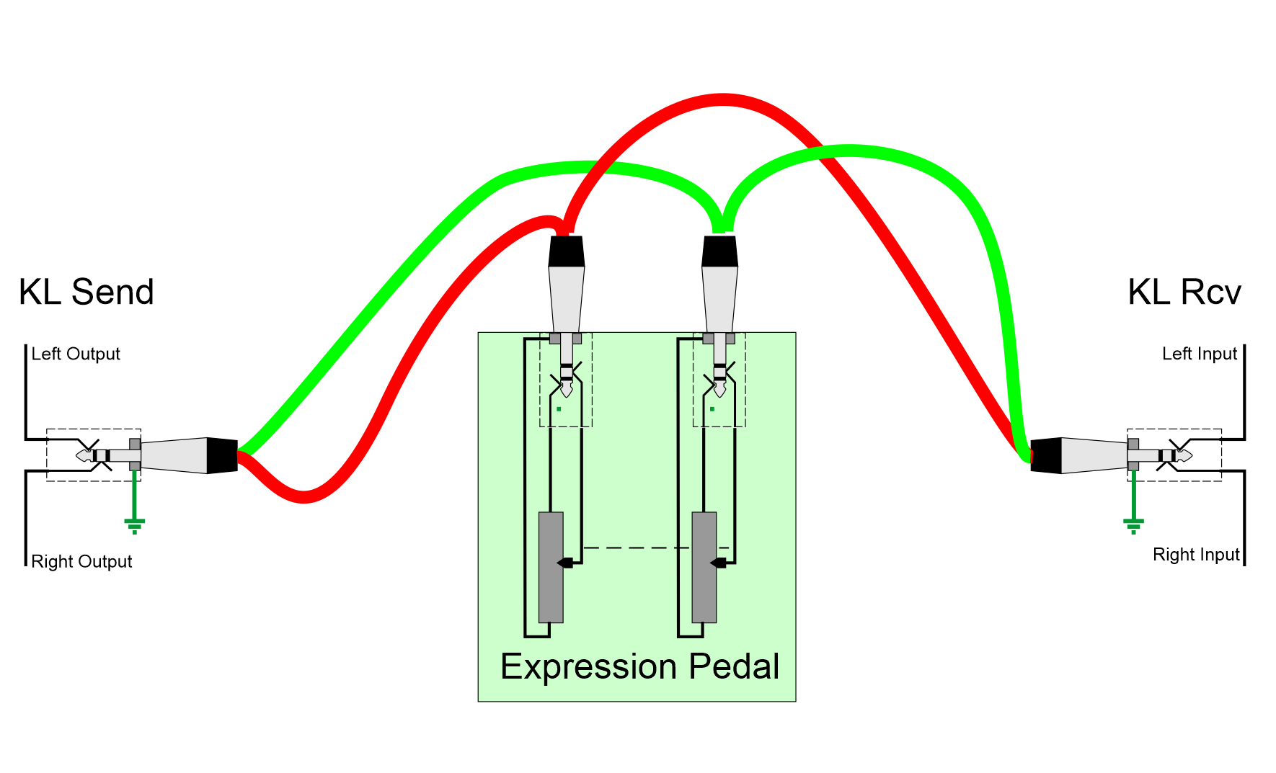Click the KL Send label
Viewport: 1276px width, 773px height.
coord(87,292)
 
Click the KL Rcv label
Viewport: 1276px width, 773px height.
coord(1184,292)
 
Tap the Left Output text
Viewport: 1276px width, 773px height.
coord(76,354)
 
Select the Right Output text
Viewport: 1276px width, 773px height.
coord(81,561)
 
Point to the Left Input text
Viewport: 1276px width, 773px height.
coord(1200,354)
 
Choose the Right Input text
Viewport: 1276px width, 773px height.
coord(1196,555)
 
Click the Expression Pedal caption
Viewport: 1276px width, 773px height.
coord(639,666)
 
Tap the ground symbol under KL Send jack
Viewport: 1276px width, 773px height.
coord(135,524)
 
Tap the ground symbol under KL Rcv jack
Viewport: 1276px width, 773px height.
coord(1133,524)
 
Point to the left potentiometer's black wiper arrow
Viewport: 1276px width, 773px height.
coord(566,563)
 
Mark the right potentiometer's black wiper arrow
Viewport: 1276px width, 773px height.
coord(719,563)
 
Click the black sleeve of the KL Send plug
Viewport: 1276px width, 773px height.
coord(222,455)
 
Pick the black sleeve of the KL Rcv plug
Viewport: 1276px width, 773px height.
coord(1046,455)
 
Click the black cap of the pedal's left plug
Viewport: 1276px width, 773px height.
coord(567,251)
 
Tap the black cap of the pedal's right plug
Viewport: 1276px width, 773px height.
coord(719,251)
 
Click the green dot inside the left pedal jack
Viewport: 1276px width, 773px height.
coord(559,409)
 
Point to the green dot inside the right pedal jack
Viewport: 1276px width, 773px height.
coord(712,409)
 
